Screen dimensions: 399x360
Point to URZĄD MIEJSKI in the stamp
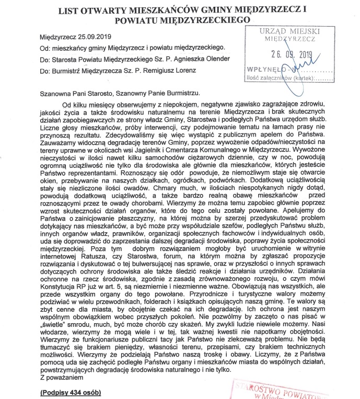[285, 32]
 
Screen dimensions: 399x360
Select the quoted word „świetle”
[59, 324]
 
